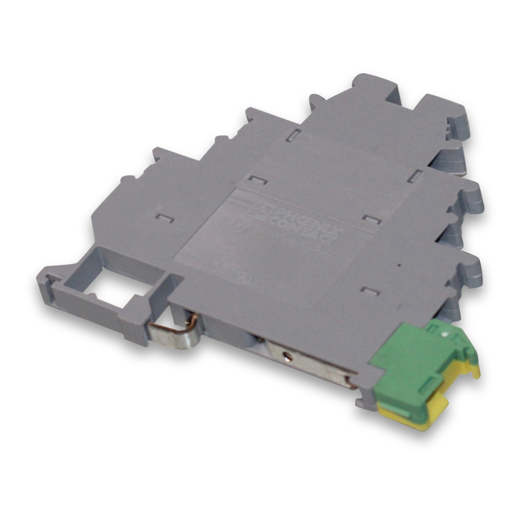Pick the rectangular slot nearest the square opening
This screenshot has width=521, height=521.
pyautogui.click(x=164, y=218)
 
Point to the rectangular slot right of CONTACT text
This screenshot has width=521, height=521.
pyautogui.click(x=371, y=218)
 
